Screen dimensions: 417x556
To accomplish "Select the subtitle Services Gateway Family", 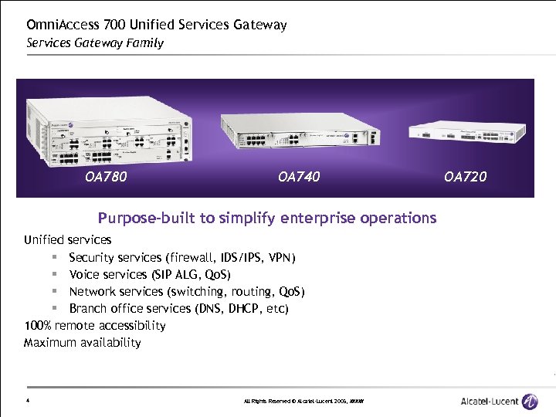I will coord(95,42).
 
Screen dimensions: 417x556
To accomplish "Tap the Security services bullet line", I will coord(181,257).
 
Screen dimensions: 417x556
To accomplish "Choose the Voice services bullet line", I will coord(150,274).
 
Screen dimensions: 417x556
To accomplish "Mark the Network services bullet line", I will coord(187,291).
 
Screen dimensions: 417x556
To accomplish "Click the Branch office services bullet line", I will coord(178,308).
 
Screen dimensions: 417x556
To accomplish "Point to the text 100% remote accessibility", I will coord(94,325).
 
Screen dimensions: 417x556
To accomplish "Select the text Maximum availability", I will coord(82,342).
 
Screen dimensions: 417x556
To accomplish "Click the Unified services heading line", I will coord(67,240).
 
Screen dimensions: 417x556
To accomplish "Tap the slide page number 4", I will coord(27,401).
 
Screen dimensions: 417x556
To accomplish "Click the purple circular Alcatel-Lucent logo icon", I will coord(530,401).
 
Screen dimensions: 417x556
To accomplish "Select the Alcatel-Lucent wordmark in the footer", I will coord(488,401).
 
